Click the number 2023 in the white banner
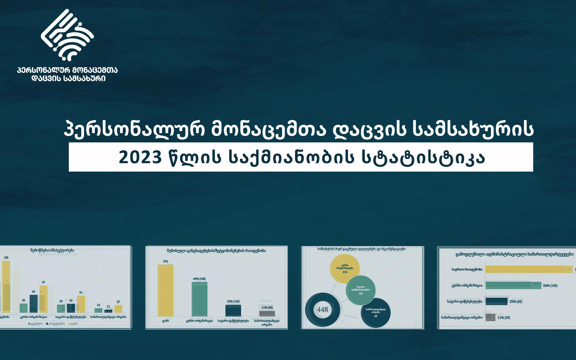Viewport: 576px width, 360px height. pos(140,157)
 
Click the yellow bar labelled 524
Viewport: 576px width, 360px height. pos(165,290)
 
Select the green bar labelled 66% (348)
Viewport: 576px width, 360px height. pos(199,299)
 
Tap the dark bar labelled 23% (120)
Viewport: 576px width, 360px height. pos(233,310)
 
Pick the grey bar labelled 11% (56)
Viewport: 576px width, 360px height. pos(267,313)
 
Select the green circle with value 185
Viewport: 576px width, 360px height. pos(360,290)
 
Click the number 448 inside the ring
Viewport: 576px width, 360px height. pos(322,310)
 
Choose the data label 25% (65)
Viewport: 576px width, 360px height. pos(516,301)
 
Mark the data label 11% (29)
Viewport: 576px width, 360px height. pos(504,317)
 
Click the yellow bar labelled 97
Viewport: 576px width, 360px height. pos(43,299)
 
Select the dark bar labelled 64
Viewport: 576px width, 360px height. pos(34,304)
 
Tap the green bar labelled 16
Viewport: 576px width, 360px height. pos(98,310)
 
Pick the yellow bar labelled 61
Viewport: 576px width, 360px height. pos(81,304)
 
